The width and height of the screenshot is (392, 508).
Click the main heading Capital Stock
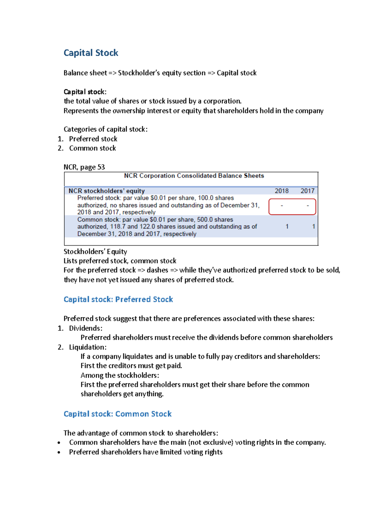91,53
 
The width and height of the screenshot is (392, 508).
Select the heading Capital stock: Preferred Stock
118,299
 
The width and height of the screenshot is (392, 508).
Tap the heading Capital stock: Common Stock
118,414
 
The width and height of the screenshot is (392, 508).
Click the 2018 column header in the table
282,191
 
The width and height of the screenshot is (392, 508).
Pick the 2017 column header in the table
307,191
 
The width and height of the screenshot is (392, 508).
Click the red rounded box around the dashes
292,207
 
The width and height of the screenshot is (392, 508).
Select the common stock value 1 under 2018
287,226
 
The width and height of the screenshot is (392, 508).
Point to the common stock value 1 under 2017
314,226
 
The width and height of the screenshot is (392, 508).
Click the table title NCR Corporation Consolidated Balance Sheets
194,176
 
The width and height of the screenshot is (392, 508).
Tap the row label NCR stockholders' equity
106,191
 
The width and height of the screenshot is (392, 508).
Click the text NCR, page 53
84,167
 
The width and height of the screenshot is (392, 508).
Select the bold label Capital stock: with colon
85,92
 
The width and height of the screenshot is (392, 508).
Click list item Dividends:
86,328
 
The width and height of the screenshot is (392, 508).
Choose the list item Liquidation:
88,347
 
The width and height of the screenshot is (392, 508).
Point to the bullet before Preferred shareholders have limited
59,452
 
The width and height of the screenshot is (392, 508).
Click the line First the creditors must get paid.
131,366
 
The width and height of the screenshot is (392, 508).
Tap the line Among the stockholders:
120,375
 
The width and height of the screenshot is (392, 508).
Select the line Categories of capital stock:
106,129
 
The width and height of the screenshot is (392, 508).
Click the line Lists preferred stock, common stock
120,261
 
